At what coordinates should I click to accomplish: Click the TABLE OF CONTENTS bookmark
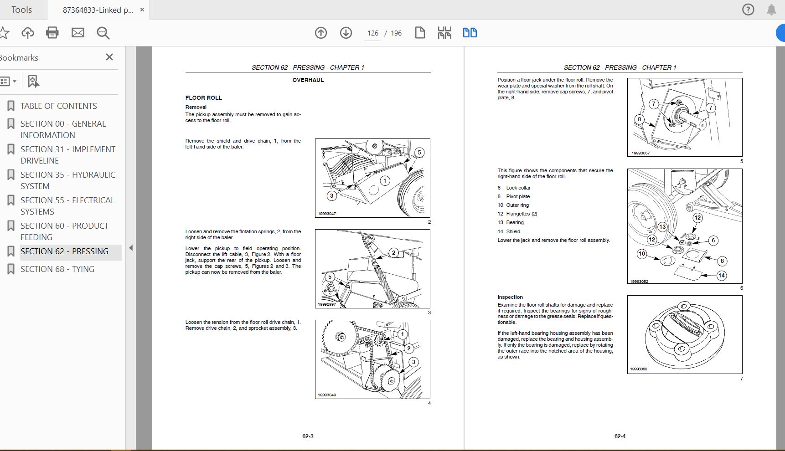click(58, 106)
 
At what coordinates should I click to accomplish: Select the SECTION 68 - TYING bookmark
click(57, 269)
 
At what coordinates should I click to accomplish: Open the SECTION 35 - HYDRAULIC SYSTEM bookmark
click(67, 180)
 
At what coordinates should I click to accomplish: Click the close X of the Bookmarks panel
click(109, 57)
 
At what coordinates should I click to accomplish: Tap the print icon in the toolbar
click(52, 33)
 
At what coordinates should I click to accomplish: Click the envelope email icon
click(78, 33)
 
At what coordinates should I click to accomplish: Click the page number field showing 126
click(372, 33)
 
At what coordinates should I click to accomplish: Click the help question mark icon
click(748, 10)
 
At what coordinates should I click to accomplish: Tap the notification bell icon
click(771, 10)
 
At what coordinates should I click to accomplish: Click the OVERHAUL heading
click(308, 80)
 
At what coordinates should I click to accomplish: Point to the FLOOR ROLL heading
click(203, 98)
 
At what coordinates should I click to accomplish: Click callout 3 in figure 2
click(331, 196)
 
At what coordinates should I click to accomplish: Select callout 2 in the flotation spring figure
click(393, 253)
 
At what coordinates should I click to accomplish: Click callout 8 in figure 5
click(639, 119)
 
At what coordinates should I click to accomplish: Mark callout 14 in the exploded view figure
click(721, 275)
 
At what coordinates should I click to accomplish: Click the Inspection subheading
click(510, 297)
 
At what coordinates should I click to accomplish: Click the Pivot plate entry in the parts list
click(517, 197)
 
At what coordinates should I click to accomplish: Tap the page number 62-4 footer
click(620, 436)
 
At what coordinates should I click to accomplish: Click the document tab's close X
click(142, 10)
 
